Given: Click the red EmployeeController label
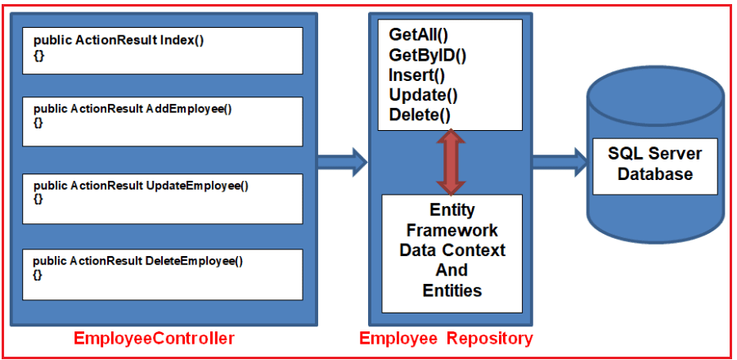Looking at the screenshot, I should (x=155, y=338).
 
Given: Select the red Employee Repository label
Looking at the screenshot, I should (x=446, y=338).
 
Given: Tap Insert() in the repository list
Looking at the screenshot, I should (x=416, y=76).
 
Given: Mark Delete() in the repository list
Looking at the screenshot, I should (x=420, y=115).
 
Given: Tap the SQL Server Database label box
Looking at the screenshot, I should (x=654, y=164).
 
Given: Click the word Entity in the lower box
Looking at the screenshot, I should (x=452, y=210).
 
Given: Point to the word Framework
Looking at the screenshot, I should (x=452, y=230).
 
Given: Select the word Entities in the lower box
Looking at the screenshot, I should (x=452, y=290).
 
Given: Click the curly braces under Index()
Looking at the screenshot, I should (x=38, y=53).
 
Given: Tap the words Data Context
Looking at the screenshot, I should (x=452, y=250).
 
